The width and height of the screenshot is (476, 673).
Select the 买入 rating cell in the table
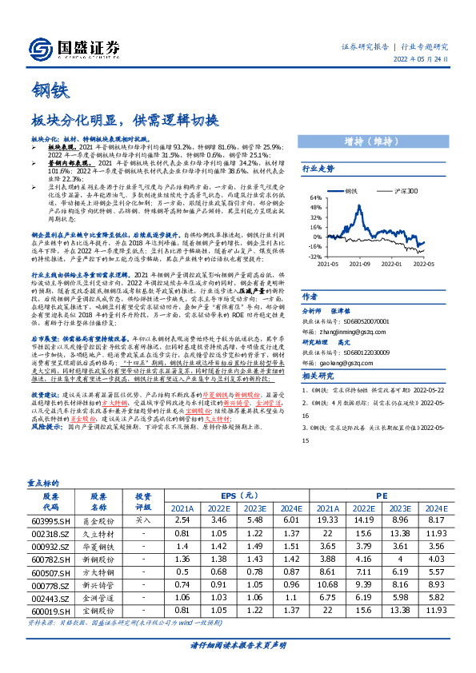pos(142,520)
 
